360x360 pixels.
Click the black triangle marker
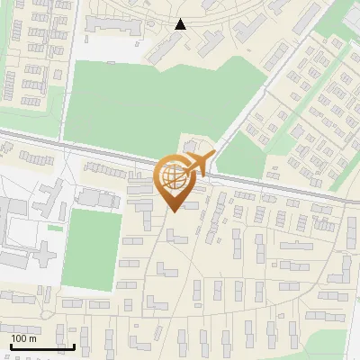(x=181, y=24)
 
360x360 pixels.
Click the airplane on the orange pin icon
(x=195, y=164)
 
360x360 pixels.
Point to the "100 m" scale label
(x=23, y=338)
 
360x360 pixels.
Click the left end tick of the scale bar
(x=10, y=346)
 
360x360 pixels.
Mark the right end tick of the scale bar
(x=74, y=346)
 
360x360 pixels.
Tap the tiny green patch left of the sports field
(x=56, y=228)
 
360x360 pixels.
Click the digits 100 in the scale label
(x=18, y=338)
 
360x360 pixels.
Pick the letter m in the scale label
(x=31, y=338)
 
